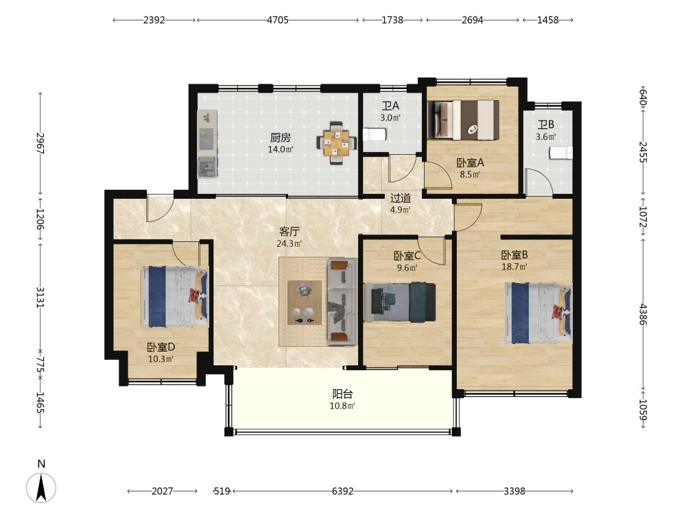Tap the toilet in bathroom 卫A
(374, 134)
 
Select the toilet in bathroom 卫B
(561, 153)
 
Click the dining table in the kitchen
(336, 143)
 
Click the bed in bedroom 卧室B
(539, 313)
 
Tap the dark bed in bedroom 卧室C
(400, 302)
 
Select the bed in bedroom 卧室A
(463, 120)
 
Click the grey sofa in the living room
(342, 302)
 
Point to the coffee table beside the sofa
(305, 302)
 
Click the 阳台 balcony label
(342, 394)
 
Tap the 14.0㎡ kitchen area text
(281, 149)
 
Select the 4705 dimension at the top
(278, 20)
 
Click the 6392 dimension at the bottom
(342, 491)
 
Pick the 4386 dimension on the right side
(643, 315)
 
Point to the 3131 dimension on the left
(40, 297)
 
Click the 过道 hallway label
(401, 199)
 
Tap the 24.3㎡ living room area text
(289, 244)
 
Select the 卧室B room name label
(514, 255)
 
